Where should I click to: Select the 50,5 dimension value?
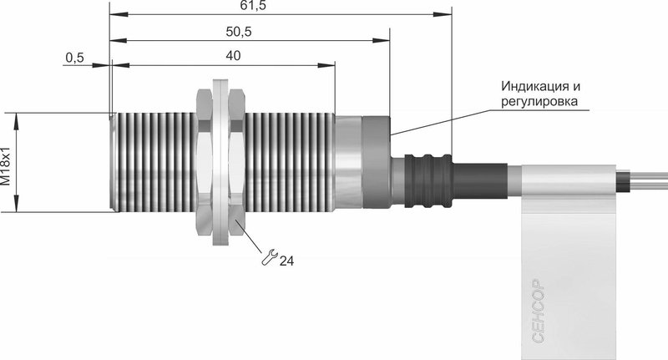tap(239, 32)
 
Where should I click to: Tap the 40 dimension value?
tap(233, 56)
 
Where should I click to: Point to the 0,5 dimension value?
tap(75, 58)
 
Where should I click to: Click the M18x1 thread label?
tap(6, 166)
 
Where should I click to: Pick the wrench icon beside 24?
tap(269, 257)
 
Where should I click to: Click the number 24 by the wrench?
tap(286, 261)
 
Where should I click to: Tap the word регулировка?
tap(539, 101)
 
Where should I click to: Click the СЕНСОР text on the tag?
tap(539, 311)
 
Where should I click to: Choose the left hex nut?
tap(204, 161)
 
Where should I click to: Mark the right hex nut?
tap(236, 161)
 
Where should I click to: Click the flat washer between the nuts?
tap(220, 162)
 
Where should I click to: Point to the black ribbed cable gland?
tap(428, 181)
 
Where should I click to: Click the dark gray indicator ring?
tap(377, 162)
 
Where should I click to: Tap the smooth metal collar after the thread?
tap(348, 162)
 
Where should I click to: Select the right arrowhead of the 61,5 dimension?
tap(443, 14)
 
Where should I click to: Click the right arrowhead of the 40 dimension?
tap(326, 65)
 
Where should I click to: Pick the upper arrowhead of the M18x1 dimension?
tap(16, 122)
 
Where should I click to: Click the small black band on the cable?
tap(623, 180)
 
